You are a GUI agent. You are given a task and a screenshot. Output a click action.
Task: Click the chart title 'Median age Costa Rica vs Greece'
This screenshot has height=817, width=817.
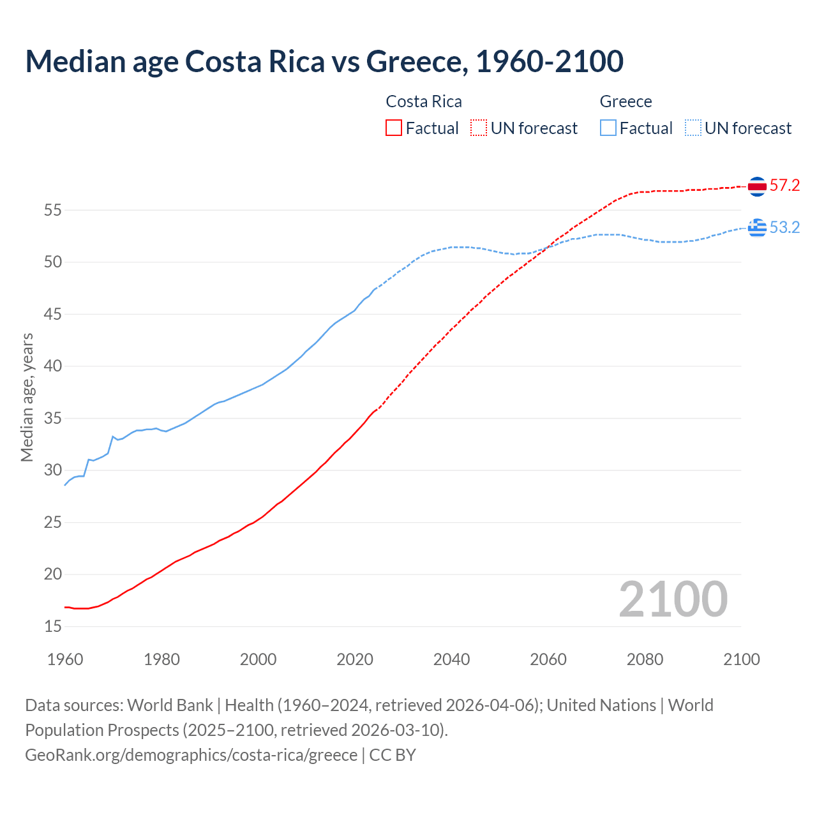324,61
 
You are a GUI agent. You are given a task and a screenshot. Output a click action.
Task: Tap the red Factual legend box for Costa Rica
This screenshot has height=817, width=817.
394,128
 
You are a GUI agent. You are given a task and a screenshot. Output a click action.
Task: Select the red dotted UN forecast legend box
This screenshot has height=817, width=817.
479,128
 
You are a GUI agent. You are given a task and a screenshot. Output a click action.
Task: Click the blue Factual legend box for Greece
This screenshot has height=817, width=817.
608,128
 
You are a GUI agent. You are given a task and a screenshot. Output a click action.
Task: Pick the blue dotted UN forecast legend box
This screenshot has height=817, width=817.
693,128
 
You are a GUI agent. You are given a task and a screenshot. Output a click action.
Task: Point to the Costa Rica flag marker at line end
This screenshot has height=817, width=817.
757,186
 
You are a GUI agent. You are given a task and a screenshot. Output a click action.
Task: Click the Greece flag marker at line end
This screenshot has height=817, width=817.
757,227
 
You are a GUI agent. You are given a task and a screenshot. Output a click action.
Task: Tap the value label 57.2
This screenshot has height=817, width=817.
784,186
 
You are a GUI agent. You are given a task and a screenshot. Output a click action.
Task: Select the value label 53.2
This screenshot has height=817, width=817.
784,228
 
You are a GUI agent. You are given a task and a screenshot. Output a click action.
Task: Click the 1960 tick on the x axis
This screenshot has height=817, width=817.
65,659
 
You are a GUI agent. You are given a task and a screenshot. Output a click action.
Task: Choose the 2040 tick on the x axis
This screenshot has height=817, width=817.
451,659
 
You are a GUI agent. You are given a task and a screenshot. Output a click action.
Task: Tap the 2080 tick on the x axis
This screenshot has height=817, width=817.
645,659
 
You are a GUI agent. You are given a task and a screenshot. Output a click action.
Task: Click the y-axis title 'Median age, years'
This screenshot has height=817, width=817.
27,397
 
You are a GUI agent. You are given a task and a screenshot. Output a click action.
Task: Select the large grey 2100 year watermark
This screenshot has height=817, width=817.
673,599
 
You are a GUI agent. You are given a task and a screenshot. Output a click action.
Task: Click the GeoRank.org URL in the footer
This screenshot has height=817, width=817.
191,755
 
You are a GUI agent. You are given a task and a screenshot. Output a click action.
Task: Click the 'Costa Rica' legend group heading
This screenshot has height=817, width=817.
424,101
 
